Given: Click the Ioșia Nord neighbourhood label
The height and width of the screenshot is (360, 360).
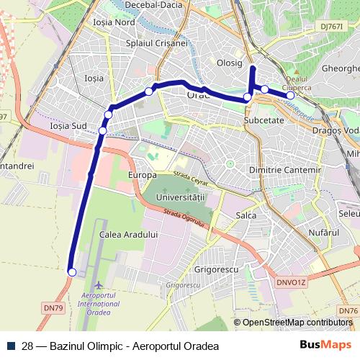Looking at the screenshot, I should click(114, 22).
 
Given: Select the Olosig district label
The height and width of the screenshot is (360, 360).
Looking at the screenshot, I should click(230, 63).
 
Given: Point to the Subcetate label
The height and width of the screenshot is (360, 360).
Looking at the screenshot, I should click(265, 120).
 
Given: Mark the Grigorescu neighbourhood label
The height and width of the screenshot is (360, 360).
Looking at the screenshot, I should click(217, 270).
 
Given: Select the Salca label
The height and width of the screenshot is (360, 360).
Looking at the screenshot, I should click(247, 215).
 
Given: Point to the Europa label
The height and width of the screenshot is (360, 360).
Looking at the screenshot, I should click(142, 176).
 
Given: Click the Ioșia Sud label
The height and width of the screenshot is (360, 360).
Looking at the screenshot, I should click(68, 126).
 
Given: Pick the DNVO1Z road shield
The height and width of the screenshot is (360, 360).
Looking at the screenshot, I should click(292, 282).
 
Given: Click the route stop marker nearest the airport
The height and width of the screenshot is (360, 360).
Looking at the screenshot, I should click(71, 271).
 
